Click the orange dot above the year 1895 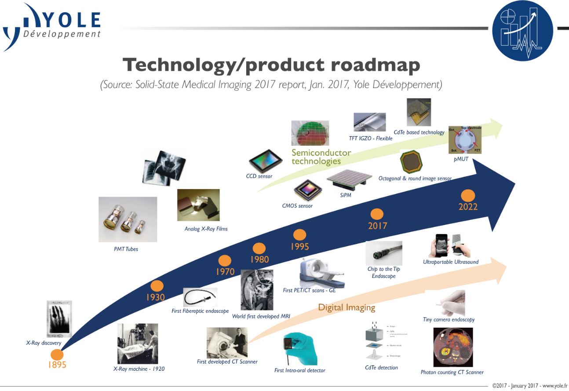click(57, 354)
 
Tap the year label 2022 click(467, 207)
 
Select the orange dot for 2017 click(377, 215)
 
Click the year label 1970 click(225, 272)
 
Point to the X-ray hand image click(59, 319)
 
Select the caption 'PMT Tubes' click(126, 249)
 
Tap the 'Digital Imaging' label click(347, 307)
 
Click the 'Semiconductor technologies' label click(321, 157)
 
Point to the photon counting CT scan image click(453, 347)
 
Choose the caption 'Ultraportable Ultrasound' click(450, 262)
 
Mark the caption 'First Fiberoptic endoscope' click(200, 311)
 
